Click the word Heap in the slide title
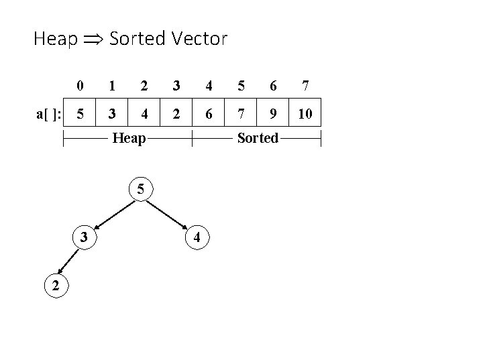click(55, 39)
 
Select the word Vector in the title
click(199, 39)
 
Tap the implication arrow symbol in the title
click(93, 40)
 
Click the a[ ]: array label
click(48, 114)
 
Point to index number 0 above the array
click(80, 86)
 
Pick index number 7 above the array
click(305, 86)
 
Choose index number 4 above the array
click(209, 86)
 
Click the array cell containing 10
click(305, 114)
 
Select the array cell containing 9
click(273, 114)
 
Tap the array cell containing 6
click(209, 114)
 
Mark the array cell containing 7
click(241, 114)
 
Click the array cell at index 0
click(80, 114)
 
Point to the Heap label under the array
click(129, 139)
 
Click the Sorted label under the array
click(258, 139)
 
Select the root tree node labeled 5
click(140, 188)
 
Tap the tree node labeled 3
click(83, 237)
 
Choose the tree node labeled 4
click(196, 237)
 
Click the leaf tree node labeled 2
click(56, 286)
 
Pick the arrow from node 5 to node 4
click(169, 213)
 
